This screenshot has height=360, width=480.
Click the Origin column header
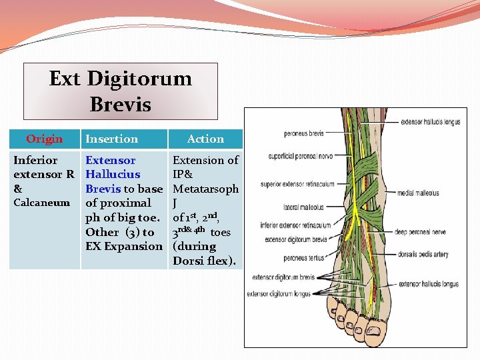[x=44, y=139]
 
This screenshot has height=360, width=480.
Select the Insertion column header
[x=111, y=139]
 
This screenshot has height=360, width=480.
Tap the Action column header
[x=205, y=139]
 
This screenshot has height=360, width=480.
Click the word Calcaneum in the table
[x=41, y=203]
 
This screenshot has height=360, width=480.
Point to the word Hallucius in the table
[x=113, y=175]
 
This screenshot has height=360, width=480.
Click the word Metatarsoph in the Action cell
[x=205, y=189]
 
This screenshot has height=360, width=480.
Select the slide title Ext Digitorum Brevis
[x=120, y=91]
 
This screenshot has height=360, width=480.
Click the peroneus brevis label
[x=305, y=133]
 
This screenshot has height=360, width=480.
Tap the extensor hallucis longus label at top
[x=431, y=122]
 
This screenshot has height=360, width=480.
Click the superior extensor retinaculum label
[x=295, y=185]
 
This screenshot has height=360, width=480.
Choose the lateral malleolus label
[x=305, y=208]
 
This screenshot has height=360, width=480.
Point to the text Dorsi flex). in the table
[x=205, y=260]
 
